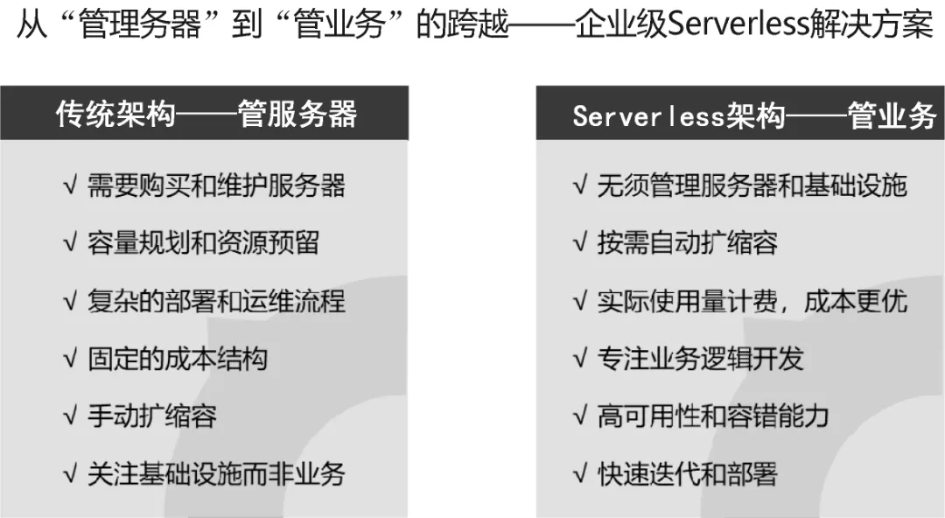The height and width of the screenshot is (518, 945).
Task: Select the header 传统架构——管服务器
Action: click(x=206, y=114)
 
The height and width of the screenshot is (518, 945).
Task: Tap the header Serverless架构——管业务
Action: click(x=754, y=115)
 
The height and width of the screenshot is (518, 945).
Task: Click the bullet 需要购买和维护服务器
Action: click(x=216, y=185)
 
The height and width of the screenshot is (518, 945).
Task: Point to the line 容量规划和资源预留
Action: click(x=203, y=243)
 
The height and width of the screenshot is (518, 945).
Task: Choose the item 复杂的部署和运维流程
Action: click(x=216, y=301)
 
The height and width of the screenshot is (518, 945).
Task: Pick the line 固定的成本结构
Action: click(x=177, y=359)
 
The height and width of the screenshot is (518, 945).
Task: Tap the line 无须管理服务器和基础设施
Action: click(x=752, y=185)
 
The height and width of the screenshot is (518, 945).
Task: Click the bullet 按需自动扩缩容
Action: click(x=687, y=243)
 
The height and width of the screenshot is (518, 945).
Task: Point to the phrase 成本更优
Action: click(x=856, y=301)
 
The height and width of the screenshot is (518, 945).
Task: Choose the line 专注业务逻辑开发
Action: click(x=700, y=359)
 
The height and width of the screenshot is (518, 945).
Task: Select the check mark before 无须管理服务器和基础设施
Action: click(x=580, y=185)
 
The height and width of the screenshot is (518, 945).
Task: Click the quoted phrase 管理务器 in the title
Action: click(x=140, y=25)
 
